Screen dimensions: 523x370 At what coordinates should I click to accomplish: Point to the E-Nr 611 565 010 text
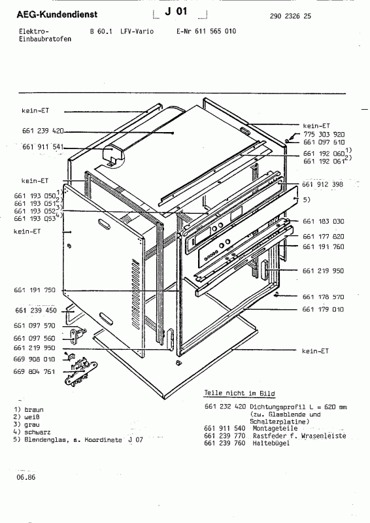(207, 31)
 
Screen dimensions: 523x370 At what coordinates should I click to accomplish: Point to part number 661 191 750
(34, 290)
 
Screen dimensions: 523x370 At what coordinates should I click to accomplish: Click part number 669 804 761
(34, 371)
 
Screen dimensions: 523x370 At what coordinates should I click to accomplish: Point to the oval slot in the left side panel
(105, 226)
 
